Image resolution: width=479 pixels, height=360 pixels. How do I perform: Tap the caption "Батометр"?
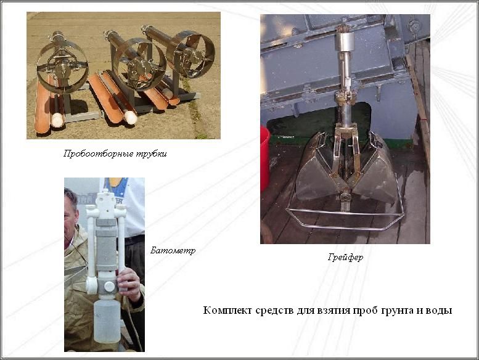pos(173,251)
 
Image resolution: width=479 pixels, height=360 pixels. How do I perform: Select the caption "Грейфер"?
pos(345,258)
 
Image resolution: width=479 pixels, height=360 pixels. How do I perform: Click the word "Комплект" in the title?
pos(227,310)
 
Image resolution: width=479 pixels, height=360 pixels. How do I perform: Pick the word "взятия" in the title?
pos(334,311)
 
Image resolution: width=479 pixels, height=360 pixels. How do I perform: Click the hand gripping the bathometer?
pos(130,284)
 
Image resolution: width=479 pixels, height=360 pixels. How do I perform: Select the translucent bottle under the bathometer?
pos(107,322)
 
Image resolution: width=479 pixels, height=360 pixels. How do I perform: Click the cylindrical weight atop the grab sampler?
pos(345,41)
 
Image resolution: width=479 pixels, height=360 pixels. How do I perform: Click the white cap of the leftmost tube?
pos(57,120)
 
